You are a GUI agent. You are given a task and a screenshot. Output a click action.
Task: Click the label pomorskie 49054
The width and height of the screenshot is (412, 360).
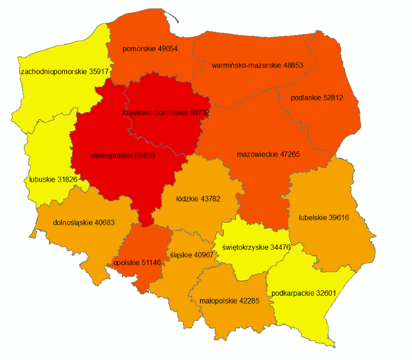(150, 48)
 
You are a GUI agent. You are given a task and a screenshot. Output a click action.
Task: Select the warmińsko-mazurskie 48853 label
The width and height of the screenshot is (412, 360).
(257, 65)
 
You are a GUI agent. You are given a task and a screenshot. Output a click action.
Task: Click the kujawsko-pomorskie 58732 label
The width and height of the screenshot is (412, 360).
(166, 112)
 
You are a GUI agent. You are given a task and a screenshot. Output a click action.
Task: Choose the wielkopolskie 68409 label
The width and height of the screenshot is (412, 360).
(123, 155)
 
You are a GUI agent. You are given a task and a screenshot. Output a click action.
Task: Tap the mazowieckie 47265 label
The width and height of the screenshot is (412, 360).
(268, 154)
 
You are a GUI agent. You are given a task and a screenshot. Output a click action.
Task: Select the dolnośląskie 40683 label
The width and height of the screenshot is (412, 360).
(84, 223)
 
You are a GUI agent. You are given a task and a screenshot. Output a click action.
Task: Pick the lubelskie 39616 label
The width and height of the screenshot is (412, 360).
(324, 217)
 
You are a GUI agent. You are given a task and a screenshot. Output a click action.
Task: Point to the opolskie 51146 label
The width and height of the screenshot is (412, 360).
(137, 263)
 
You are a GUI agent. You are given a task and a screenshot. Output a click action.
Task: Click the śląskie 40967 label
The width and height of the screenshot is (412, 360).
(191, 255)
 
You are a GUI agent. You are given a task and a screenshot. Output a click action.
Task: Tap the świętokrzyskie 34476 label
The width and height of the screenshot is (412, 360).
(256, 247)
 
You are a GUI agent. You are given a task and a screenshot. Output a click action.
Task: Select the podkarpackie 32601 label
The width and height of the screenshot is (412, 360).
(303, 293)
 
